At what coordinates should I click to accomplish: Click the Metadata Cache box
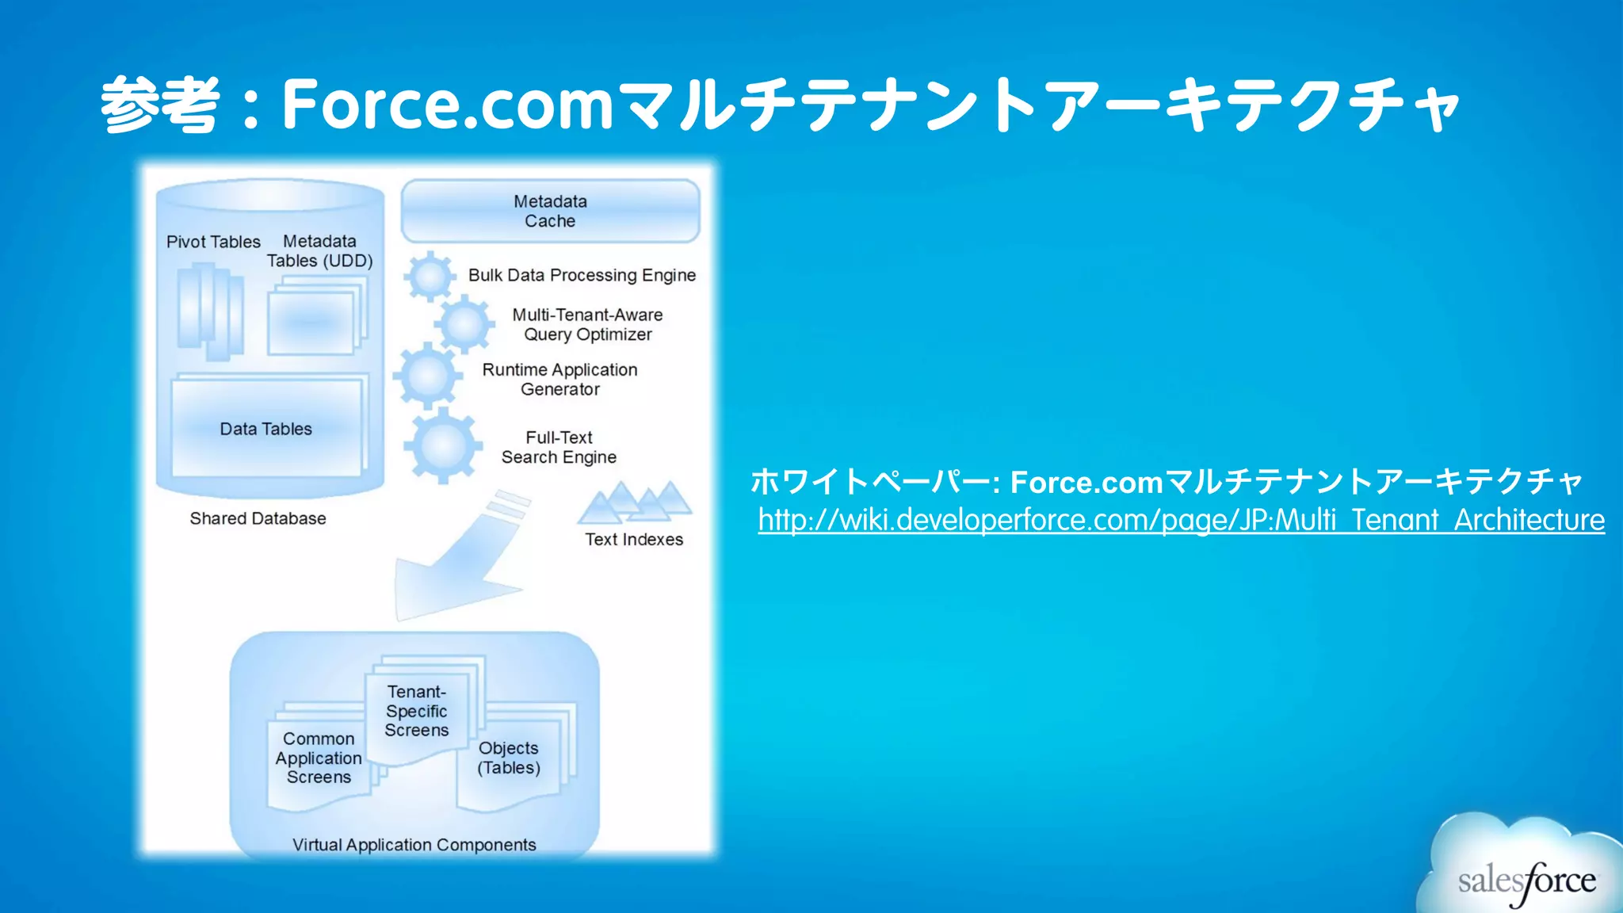click(x=550, y=211)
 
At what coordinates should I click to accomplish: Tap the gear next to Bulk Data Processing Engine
click(x=430, y=277)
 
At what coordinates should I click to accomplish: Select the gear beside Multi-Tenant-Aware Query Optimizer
click(x=464, y=324)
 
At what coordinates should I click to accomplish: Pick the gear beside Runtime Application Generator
click(x=428, y=376)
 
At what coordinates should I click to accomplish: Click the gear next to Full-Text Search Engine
click(x=443, y=445)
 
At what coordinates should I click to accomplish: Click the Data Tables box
click(x=266, y=429)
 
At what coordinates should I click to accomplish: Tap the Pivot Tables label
click(x=213, y=242)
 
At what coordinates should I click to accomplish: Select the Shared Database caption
click(x=258, y=518)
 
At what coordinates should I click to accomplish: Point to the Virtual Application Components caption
click(x=414, y=845)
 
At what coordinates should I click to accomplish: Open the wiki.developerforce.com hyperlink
click(x=1181, y=520)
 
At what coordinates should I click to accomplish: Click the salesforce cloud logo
click(x=1526, y=872)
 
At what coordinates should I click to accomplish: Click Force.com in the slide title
click(x=448, y=104)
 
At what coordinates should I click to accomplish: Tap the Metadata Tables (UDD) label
click(x=319, y=251)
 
